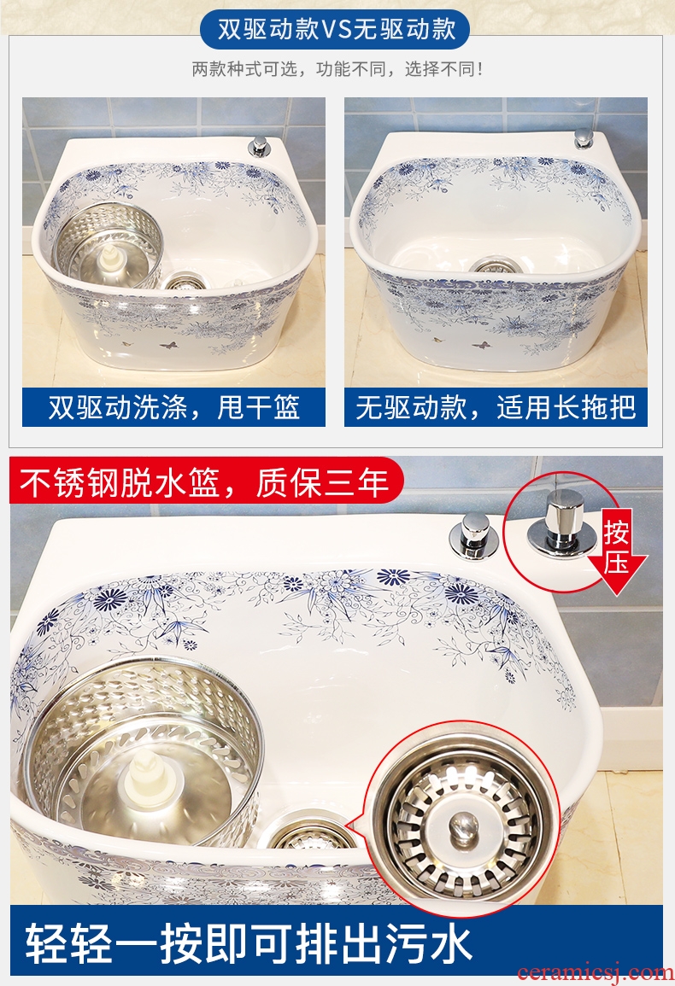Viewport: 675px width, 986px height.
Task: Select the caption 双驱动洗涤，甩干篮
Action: [x=173, y=407]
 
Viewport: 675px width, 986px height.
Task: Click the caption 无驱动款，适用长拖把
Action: [x=496, y=407]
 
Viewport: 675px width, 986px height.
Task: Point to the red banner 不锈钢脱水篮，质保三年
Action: [x=204, y=483]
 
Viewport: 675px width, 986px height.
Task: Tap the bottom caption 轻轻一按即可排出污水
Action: [x=249, y=944]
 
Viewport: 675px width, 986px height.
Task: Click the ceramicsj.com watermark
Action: [x=595, y=972]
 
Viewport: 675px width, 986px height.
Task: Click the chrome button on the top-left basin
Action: [x=258, y=146]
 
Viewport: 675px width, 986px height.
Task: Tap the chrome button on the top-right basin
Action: [x=584, y=138]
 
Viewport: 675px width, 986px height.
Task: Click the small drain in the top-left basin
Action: [x=182, y=282]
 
